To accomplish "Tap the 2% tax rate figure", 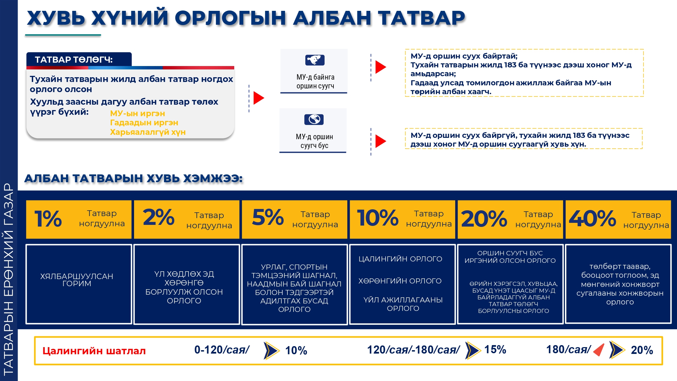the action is (158, 217).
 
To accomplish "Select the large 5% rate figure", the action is (268, 217).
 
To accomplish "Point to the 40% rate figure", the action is (592, 218).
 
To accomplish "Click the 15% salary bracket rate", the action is (495, 350).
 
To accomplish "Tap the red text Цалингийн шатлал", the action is (94, 351).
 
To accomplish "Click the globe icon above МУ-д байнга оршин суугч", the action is (315, 60).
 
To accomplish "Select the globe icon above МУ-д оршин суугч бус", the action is (314, 120).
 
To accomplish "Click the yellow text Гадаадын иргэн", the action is (144, 123).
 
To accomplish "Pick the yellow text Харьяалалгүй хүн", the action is (148, 132).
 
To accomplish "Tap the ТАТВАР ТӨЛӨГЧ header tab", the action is (79, 60).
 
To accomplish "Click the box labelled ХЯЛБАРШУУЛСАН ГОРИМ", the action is (79, 284).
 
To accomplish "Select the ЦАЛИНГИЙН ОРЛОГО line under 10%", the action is (400, 259).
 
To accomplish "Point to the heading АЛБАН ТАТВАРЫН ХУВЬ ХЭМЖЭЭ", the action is (133, 178).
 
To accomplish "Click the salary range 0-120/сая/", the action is (222, 350).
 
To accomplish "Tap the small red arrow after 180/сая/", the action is (599, 350).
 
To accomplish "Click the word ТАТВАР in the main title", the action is (421, 18).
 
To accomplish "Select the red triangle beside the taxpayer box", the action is (259, 98).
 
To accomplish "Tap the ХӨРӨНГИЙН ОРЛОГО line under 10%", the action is (400, 281).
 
